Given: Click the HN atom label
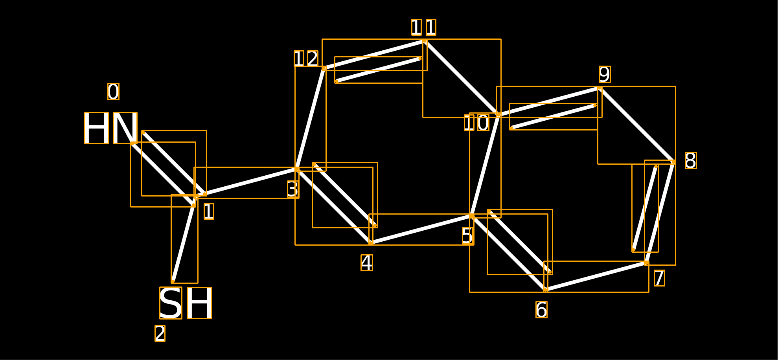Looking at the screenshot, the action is (x=111, y=128).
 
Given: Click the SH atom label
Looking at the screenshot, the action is (x=186, y=303).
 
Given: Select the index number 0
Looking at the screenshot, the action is (x=113, y=92).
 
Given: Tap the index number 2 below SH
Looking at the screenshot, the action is (x=160, y=333).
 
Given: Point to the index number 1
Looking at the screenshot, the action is (x=209, y=211).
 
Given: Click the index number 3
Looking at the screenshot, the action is (x=293, y=189).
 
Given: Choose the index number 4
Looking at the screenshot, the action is (x=367, y=263).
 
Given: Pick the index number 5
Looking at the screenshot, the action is (x=468, y=236).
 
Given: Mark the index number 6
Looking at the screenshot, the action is (x=541, y=310).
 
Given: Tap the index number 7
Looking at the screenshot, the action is (x=659, y=278).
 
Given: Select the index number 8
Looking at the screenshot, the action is (x=691, y=160).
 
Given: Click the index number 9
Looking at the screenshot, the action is (x=605, y=74).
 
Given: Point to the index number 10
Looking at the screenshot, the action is (x=476, y=123).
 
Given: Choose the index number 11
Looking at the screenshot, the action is (x=424, y=27).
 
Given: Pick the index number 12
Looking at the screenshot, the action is (x=306, y=59).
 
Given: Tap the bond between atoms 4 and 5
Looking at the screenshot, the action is (x=421, y=230).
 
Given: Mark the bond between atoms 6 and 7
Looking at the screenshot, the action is (x=596, y=276).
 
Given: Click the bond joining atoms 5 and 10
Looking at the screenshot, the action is (x=485, y=165).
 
